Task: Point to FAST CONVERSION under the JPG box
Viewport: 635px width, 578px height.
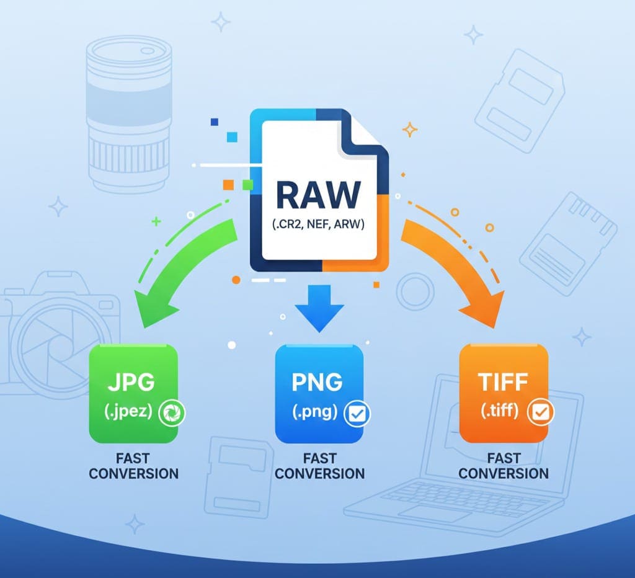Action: click(133, 466)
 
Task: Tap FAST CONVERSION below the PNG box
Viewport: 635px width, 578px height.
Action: click(319, 466)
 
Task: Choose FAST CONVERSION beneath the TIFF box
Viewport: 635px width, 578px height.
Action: click(504, 466)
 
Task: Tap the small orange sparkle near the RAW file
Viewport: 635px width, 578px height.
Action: click(410, 129)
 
